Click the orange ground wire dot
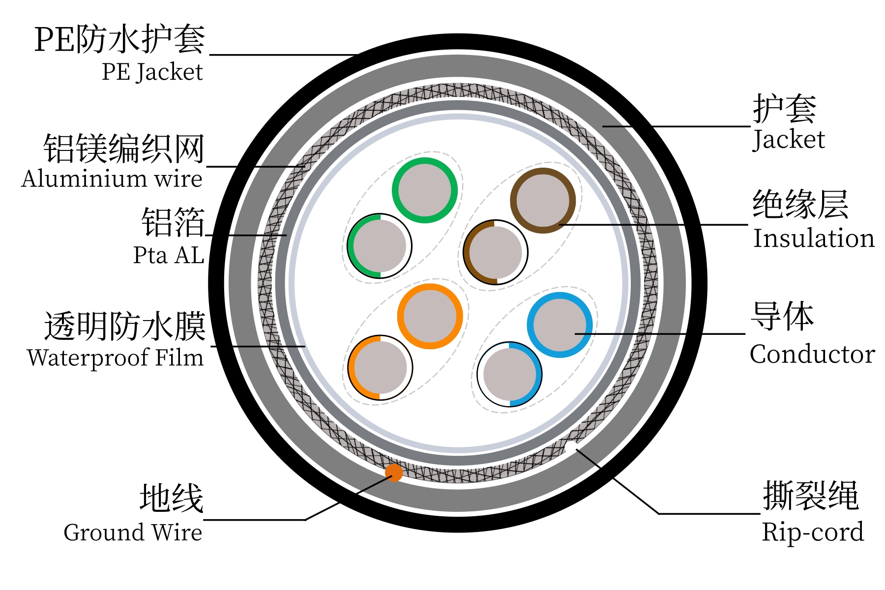(394, 472)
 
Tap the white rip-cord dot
(571, 447)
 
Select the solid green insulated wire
(425, 190)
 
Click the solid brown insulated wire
(543, 200)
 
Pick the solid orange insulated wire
(430, 316)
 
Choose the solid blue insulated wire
(560, 324)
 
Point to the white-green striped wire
(380, 246)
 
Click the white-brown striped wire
(496, 252)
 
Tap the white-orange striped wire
(380, 368)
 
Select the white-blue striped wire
(509, 374)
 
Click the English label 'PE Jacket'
(152, 72)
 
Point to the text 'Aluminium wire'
(112, 178)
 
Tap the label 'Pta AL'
(168, 256)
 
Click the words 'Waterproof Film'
(116, 357)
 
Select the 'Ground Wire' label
(133, 532)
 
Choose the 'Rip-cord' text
(812, 532)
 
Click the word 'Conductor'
(812, 354)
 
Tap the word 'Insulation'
(814, 238)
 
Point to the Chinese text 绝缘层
(800, 205)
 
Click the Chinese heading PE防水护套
(119, 39)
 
